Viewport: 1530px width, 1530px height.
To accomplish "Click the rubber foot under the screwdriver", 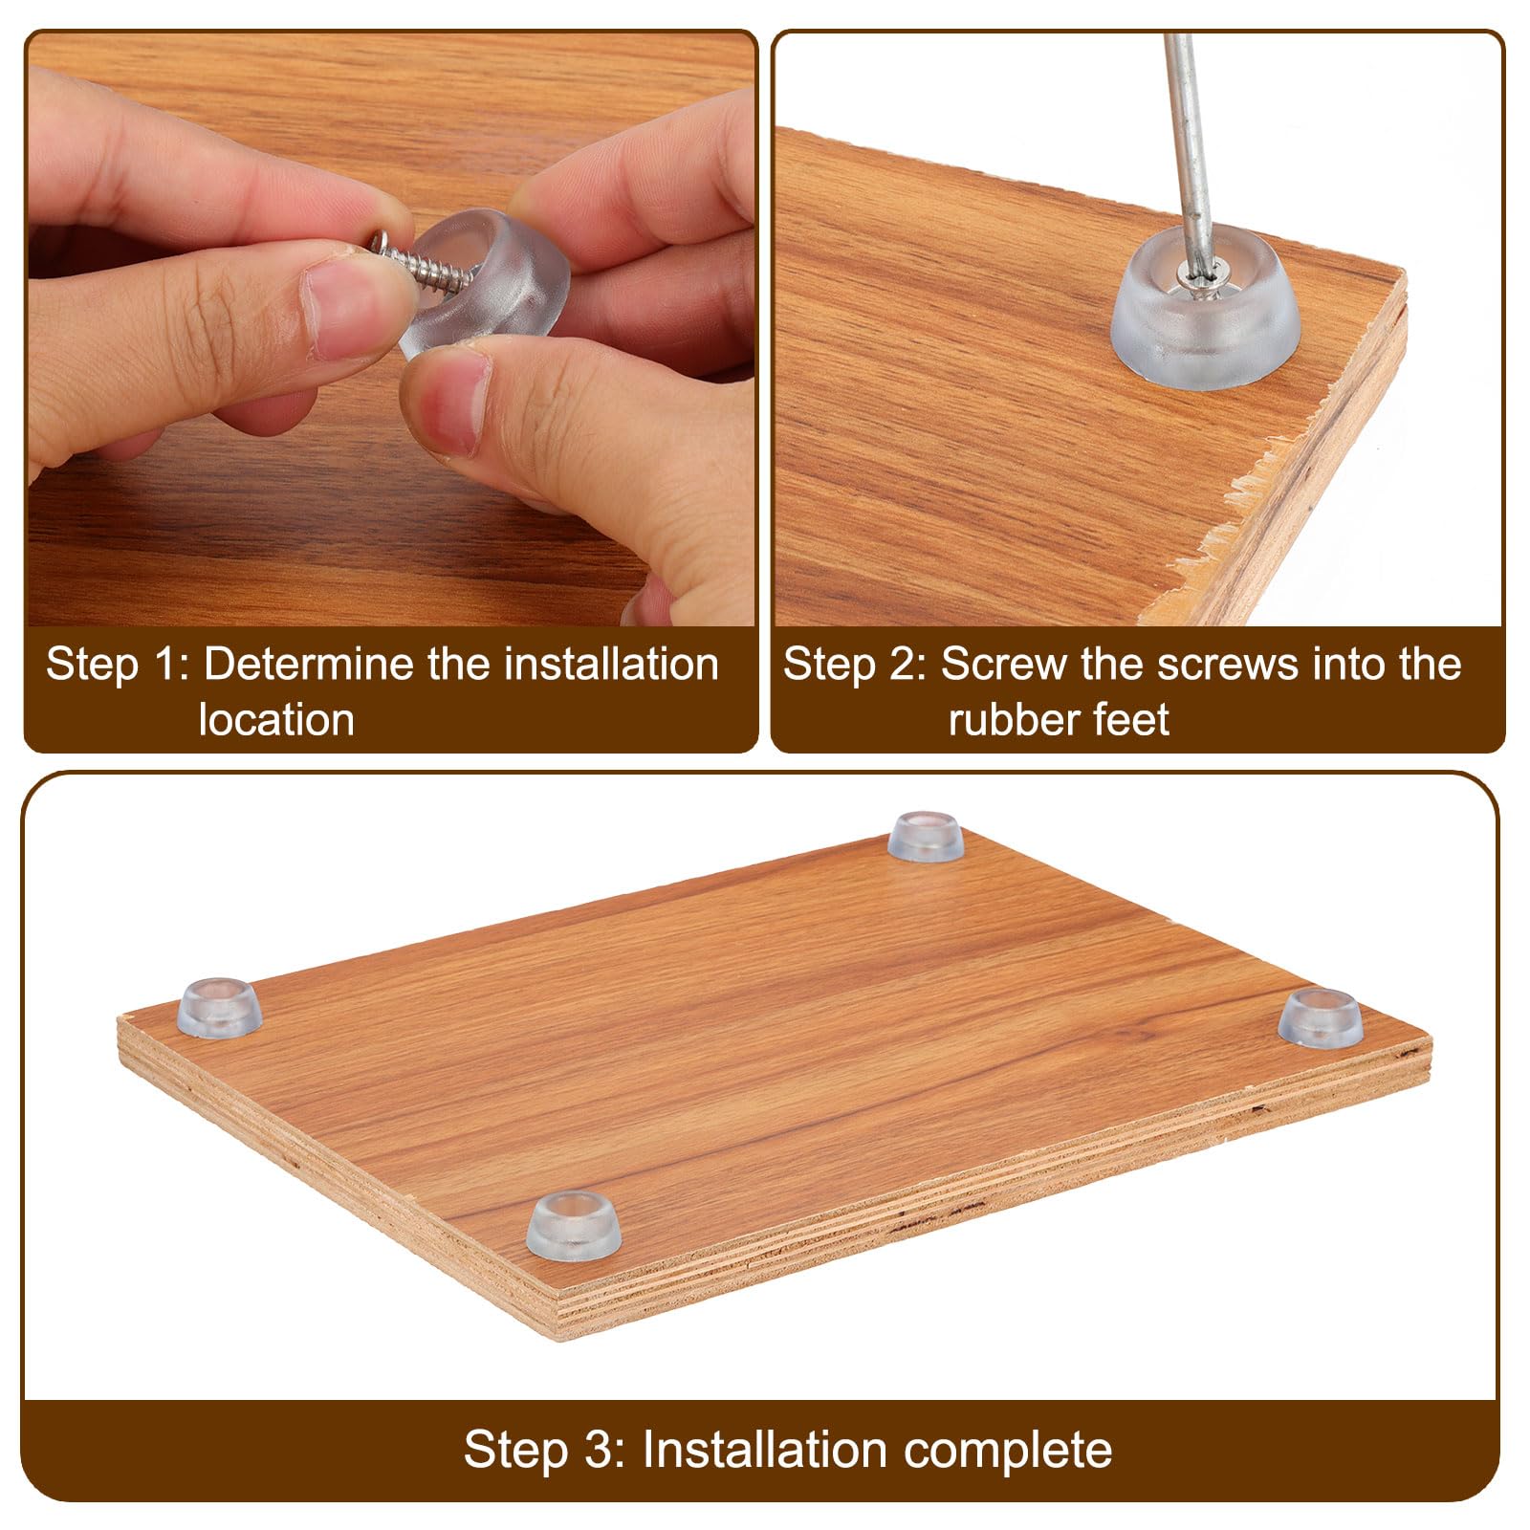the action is pos(1205,306).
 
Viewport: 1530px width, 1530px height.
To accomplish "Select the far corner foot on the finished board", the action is pos(925,837).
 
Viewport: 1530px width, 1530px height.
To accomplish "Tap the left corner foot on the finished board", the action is pos(220,1008).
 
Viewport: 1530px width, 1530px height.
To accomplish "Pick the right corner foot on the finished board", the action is pos(1321,1017).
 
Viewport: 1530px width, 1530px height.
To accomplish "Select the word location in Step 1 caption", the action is pos(276,720).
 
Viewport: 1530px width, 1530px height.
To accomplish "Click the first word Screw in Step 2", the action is pos(1004,664).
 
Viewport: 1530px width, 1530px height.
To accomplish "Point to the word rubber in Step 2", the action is pos(1012,720).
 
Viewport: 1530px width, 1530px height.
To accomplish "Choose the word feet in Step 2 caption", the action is pos(1130,720).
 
